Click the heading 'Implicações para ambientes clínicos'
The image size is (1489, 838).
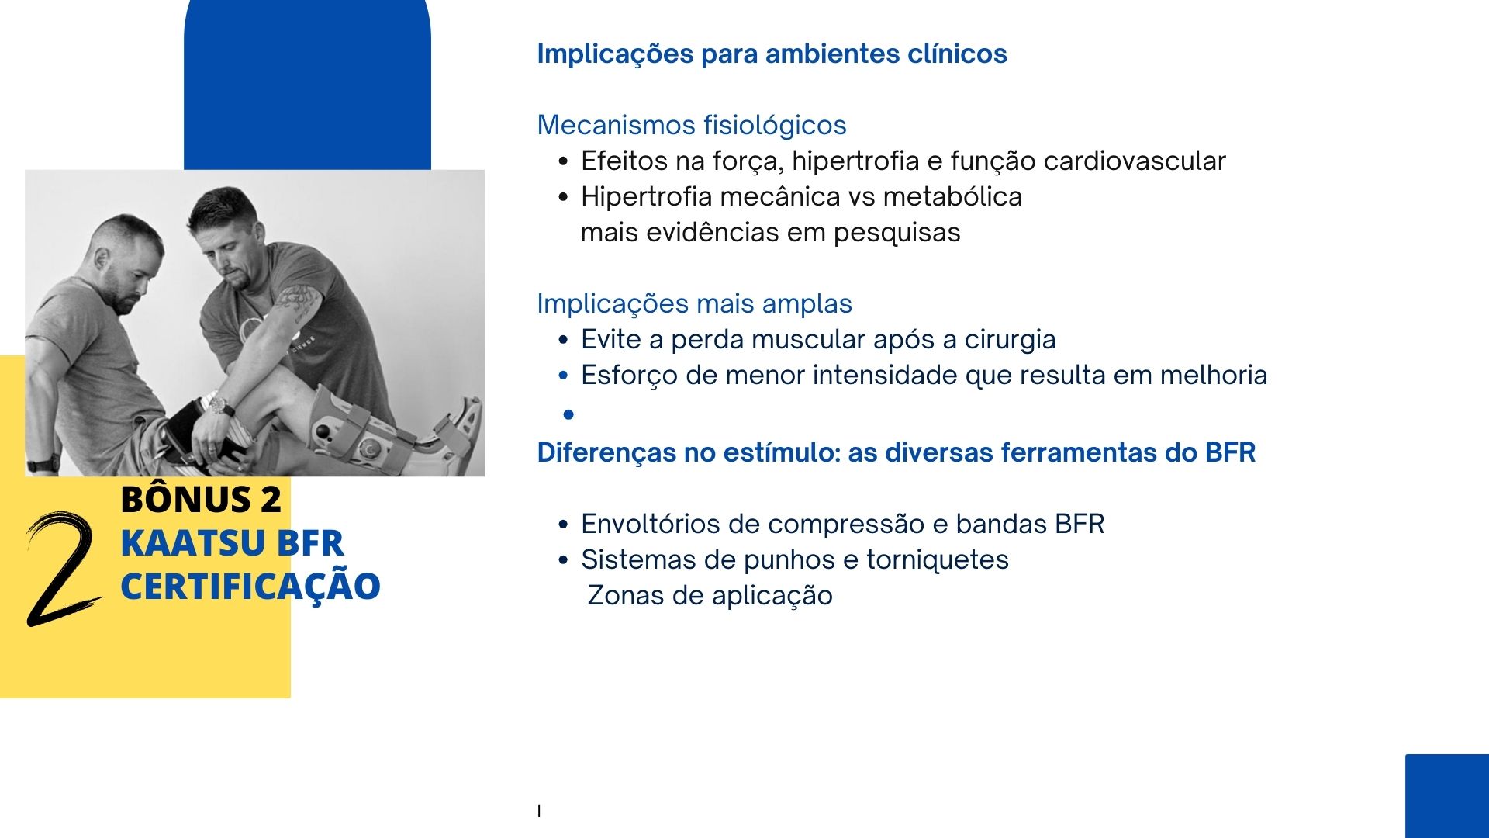click(x=772, y=54)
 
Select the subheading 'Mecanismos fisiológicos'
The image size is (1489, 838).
click(x=691, y=125)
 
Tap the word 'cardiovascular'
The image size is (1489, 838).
click(x=1135, y=161)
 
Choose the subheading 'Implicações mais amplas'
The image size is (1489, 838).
click(x=694, y=303)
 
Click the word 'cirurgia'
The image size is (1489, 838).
click(x=1010, y=339)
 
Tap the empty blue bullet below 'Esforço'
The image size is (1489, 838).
click(x=568, y=415)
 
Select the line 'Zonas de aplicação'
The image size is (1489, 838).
click(x=710, y=595)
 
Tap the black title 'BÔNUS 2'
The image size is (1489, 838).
click(x=201, y=498)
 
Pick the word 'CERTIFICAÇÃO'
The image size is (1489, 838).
click(x=250, y=586)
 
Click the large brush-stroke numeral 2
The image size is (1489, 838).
click(x=62, y=568)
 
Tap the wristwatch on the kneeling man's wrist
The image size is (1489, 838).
click(x=221, y=405)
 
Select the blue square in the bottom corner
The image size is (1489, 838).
click(x=1447, y=796)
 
